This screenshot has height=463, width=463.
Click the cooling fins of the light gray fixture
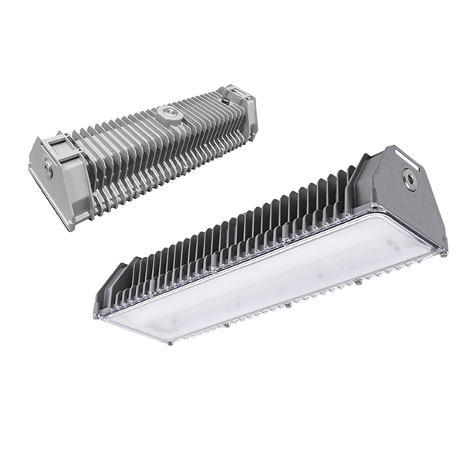pyautogui.click(x=154, y=154)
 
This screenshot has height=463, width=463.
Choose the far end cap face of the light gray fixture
pyautogui.click(x=248, y=116)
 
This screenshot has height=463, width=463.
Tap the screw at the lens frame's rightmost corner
pyautogui.click(x=444, y=252)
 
